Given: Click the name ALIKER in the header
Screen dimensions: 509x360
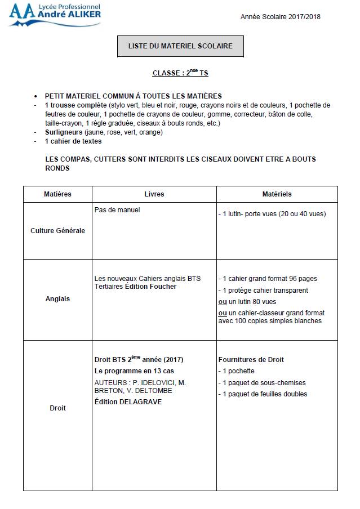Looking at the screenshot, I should click(x=82, y=16).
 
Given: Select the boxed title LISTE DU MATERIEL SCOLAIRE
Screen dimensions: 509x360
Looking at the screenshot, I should click(x=180, y=46).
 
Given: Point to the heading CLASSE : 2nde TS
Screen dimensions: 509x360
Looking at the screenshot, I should click(x=180, y=73).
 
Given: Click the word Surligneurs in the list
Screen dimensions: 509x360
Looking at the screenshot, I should click(x=63, y=132).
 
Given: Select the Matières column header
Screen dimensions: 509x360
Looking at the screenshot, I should click(x=57, y=194).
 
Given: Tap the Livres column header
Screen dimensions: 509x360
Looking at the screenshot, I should click(x=154, y=194).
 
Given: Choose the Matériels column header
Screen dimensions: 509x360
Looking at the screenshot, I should click(x=277, y=194).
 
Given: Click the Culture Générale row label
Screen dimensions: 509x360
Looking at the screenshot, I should click(x=57, y=230).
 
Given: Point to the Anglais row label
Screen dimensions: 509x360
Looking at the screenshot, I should click(x=57, y=299).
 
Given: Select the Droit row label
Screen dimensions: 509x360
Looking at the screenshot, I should click(x=57, y=408).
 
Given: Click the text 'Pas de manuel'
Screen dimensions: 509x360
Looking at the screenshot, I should click(x=117, y=210).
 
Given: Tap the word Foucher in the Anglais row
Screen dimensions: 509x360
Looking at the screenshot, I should click(x=163, y=287).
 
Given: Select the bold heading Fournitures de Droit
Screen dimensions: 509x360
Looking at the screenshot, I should click(x=251, y=359).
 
